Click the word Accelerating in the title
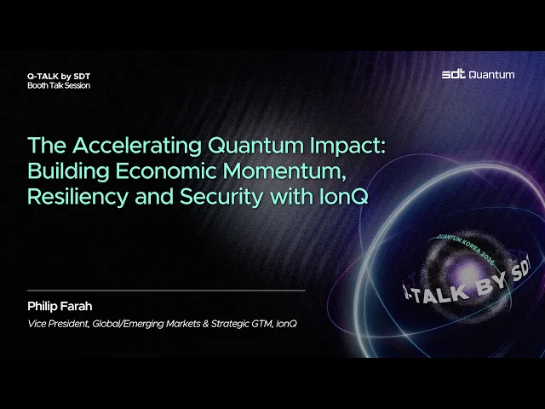pyautogui.click(x=137, y=146)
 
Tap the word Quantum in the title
pyautogui.click(x=255, y=146)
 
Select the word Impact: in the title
pyautogui.click(x=347, y=147)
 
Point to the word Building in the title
pyautogui.click(x=68, y=171)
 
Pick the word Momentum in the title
pyautogui.click(x=284, y=171)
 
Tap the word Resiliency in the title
pyautogui.click(x=77, y=197)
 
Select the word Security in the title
pyautogui.click(x=221, y=197)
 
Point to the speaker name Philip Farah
pyautogui.click(x=60, y=306)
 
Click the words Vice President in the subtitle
pyautogui.click(x=59, y=324)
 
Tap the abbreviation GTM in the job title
pyautogui.click(x=262, y=324)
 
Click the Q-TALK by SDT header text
pyautogui.click(x=59, y=76)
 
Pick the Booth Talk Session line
pyautogui.click(x=59, y=85)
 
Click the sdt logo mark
pyautogui.click(x=454, y=74)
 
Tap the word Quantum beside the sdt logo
pyautogui.click(x=491, y=75)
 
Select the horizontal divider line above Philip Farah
pyautogui.click(x=166, y=290)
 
